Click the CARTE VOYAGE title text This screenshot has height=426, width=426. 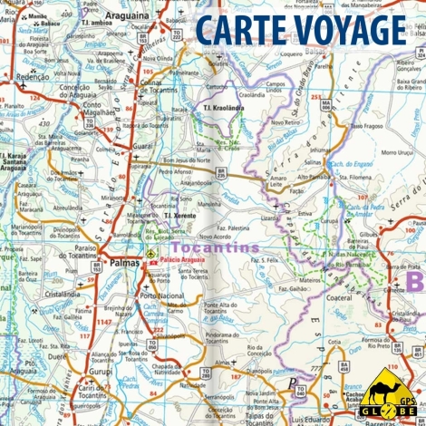click(300, 30)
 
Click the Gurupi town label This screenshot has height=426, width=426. click(99, 372)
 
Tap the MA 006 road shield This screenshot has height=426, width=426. click(324, 104)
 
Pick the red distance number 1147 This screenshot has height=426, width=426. click(105, 322)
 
